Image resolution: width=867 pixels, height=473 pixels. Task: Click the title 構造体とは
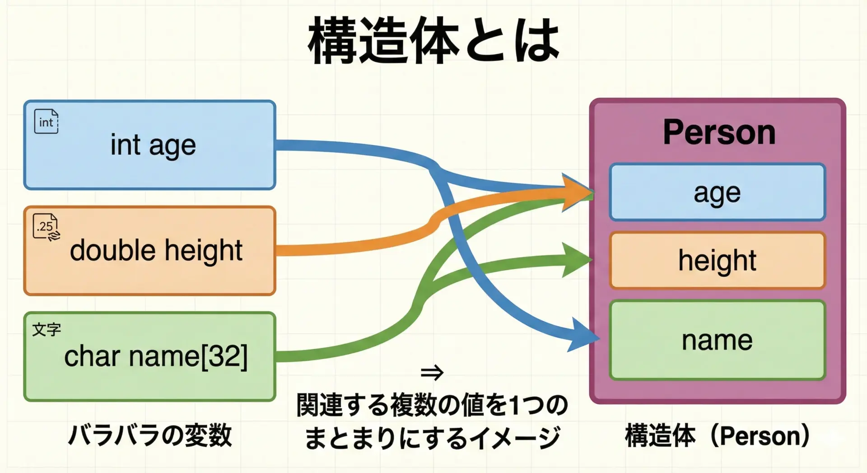coord(433,41)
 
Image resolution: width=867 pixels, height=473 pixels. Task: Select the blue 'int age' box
coord(149,145)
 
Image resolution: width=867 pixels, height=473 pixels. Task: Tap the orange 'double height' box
coord(149,251)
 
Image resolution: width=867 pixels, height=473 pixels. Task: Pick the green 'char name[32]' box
coord(149,356)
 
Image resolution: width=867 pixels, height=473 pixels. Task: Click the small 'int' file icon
coord(46,122)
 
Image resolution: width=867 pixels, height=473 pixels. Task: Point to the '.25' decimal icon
coord(46,227)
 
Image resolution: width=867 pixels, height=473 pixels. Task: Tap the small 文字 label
coord(46,329)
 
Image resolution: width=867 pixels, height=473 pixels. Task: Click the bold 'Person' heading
coord(719,132)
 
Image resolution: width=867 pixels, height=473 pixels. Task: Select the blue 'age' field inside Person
coord(717,192)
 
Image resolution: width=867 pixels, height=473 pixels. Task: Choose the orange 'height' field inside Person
coord(717,260)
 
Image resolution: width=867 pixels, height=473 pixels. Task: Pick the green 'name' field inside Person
coord(717,340)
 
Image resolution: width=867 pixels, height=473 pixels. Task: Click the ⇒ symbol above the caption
coord(432,373)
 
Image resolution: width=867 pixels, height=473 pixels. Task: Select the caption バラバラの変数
coord(149,436)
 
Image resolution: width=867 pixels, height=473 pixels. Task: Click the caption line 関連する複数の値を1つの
coord(432,405)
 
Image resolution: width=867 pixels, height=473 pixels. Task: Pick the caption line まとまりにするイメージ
coord(432,437)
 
